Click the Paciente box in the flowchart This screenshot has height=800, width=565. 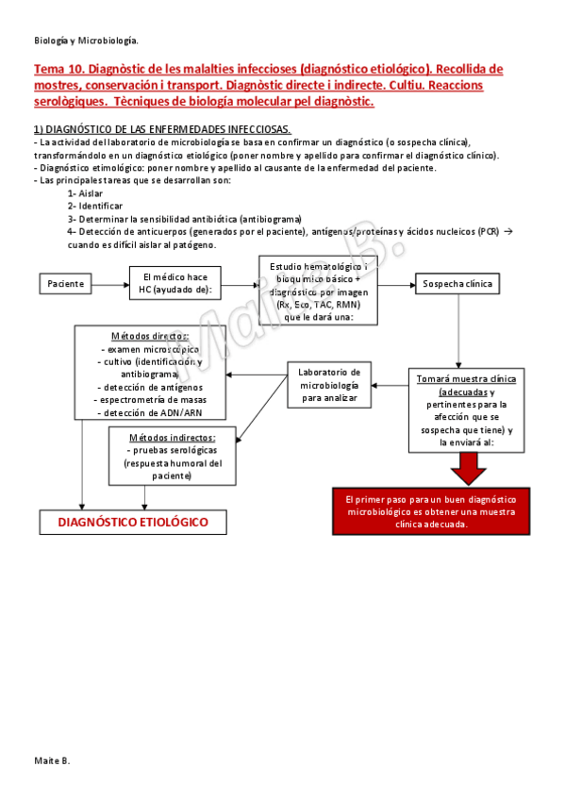click(x=66, y=283)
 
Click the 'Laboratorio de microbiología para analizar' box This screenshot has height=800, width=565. click(x=329, y=383)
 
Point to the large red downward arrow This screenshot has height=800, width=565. click(x=467, y=465)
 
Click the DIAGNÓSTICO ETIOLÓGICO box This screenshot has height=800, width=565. click(x=133, y=522)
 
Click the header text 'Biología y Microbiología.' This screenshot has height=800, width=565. click(x=86, y=41)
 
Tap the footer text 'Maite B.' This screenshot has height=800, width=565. click(x=52, y=759)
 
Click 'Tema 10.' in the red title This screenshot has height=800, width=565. click(x=58, y=69)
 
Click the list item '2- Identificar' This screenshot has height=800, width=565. click(x=94, y=205)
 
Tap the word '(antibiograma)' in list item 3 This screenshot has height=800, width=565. click(x=270, y=218)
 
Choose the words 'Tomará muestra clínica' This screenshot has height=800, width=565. click(x=466, y=378)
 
